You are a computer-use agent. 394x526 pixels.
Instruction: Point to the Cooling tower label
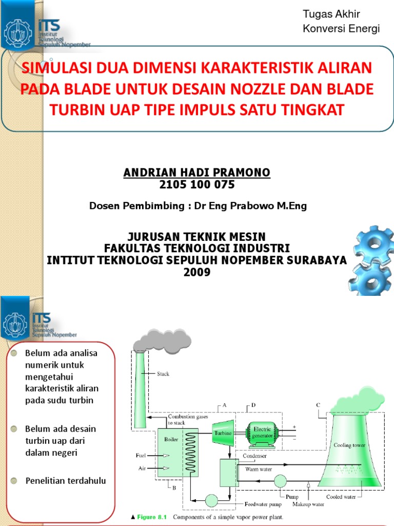(349, 445)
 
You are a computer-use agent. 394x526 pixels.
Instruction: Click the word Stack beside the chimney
(163, 374)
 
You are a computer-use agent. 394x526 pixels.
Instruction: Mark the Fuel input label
(141, 455)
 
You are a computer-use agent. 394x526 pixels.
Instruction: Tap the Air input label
(142, 468)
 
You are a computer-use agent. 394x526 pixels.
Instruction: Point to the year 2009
(197, 272)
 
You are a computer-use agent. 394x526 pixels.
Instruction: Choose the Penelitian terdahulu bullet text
(65, 481)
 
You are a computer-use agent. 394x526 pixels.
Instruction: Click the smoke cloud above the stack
(162, 341)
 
